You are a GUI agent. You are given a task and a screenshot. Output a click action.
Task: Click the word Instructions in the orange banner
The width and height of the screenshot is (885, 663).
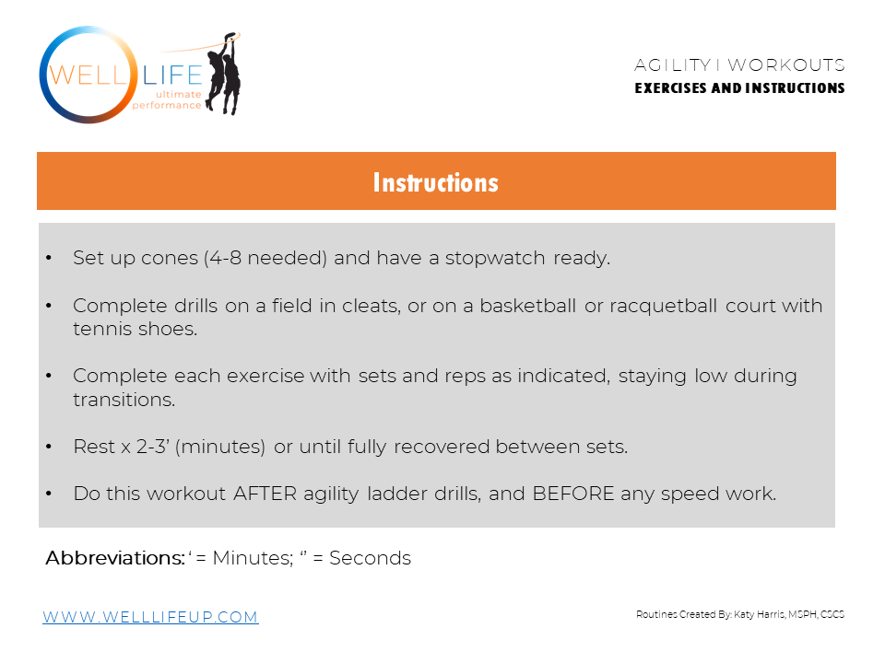435,182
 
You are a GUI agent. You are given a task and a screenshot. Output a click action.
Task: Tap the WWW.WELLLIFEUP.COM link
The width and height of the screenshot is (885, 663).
150,617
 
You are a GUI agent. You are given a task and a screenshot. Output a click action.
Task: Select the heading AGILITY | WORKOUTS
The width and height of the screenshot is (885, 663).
739,65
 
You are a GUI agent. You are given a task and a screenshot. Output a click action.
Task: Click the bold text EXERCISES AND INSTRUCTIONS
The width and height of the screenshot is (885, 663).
739,88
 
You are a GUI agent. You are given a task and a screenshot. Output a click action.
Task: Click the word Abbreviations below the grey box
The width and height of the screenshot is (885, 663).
114,558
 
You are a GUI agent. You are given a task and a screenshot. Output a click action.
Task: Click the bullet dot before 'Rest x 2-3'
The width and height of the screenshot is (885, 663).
49,448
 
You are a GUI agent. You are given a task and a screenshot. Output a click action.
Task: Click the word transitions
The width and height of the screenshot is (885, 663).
124,400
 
